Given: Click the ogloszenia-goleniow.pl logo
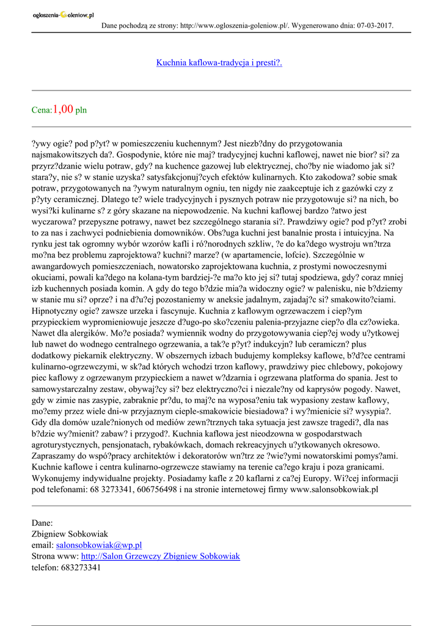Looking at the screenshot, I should click(63, 15).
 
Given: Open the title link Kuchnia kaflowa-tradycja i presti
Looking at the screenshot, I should click(219, 62).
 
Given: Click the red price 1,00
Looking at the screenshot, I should click(64, 109).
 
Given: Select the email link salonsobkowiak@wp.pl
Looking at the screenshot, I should click(99, 545).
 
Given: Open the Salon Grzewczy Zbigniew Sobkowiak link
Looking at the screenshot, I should click(161, 556).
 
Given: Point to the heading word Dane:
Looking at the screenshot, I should click(42, 523).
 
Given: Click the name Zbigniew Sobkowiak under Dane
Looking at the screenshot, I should click(70, 534).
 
